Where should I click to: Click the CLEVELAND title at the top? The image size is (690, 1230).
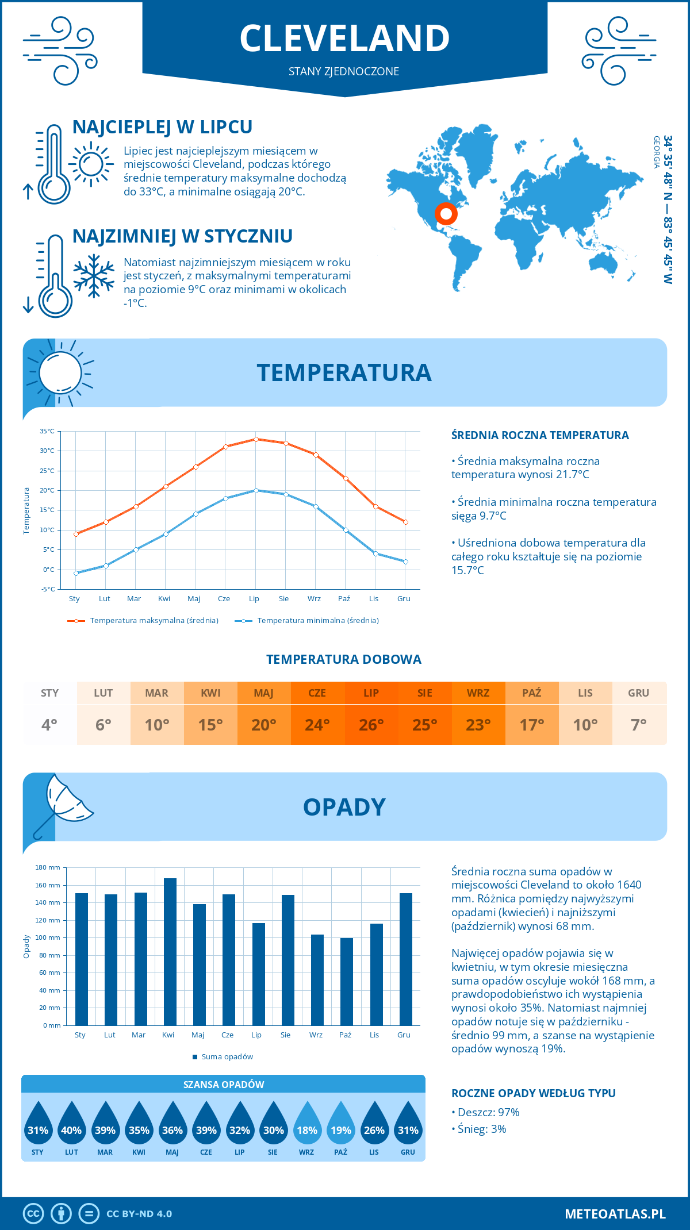(x=344, y=39)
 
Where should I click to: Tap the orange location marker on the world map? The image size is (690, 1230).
(x=446, y=214)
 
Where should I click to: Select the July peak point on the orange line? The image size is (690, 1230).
(x=256, y=439)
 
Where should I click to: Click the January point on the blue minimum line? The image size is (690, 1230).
(x=76, y=573)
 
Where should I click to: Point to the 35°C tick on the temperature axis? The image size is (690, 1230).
(x=48, y=431)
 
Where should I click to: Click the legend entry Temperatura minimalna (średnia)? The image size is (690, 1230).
(x=317, y=621)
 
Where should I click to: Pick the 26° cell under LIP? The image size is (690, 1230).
(x=371, y=725)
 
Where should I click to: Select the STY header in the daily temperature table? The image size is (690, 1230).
(x=50, y=693)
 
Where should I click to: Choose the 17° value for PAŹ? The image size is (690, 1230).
(x=532, y=725)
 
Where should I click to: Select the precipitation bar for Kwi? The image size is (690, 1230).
(x=170, y=951)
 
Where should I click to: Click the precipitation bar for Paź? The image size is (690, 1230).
(x=347, y=981)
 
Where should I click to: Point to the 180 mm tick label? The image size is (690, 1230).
(x=48, y=867)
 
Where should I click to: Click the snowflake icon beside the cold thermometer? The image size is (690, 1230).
(x=94, y=275)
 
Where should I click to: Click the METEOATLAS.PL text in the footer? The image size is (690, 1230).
(x=615, y=1214)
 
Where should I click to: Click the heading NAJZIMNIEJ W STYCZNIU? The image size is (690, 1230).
(x=182, y=236)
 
